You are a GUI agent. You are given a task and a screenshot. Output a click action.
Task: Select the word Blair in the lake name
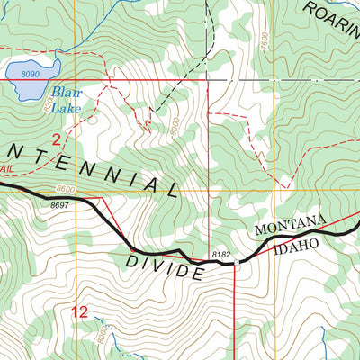[x=64, y=92]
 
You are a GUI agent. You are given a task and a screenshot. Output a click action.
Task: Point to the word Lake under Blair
[x=66, y=108]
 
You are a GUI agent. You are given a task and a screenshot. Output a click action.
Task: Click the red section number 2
[x=56, y=139]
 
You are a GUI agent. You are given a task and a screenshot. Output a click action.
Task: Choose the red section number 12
[x=79, y=312]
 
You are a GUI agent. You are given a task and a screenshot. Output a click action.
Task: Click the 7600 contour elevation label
[x=263, y=42]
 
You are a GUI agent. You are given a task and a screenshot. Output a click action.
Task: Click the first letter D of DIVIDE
[x=131, y=261]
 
